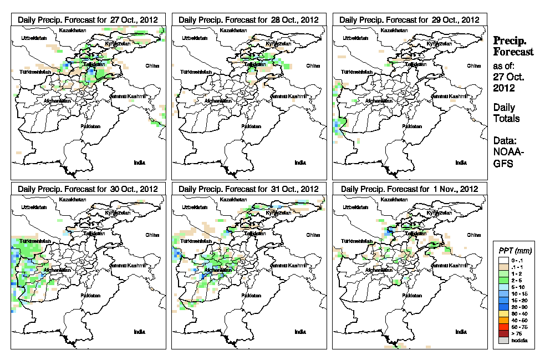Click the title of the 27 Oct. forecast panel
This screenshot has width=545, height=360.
(88, 19)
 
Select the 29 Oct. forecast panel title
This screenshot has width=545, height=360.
(409, 19)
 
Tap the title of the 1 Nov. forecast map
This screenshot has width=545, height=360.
(409, 189)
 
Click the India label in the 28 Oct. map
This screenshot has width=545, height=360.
(300, 163)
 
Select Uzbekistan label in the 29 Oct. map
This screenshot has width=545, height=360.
(355, 38)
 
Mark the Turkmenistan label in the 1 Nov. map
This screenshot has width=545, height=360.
(356, 242)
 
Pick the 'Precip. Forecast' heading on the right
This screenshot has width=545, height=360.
(513, 46)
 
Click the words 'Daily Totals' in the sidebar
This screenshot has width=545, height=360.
(506, 113)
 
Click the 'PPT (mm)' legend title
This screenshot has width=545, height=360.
(513, 252)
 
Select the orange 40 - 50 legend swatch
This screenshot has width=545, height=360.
(503, 320)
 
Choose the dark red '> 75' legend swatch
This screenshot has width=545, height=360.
(503, 333)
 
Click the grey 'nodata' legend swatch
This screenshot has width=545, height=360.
(503, 340)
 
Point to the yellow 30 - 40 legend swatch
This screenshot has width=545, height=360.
(503, 313)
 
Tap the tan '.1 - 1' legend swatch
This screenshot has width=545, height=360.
(503, 266)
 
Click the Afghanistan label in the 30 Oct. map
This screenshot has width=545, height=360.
(58, 271)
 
